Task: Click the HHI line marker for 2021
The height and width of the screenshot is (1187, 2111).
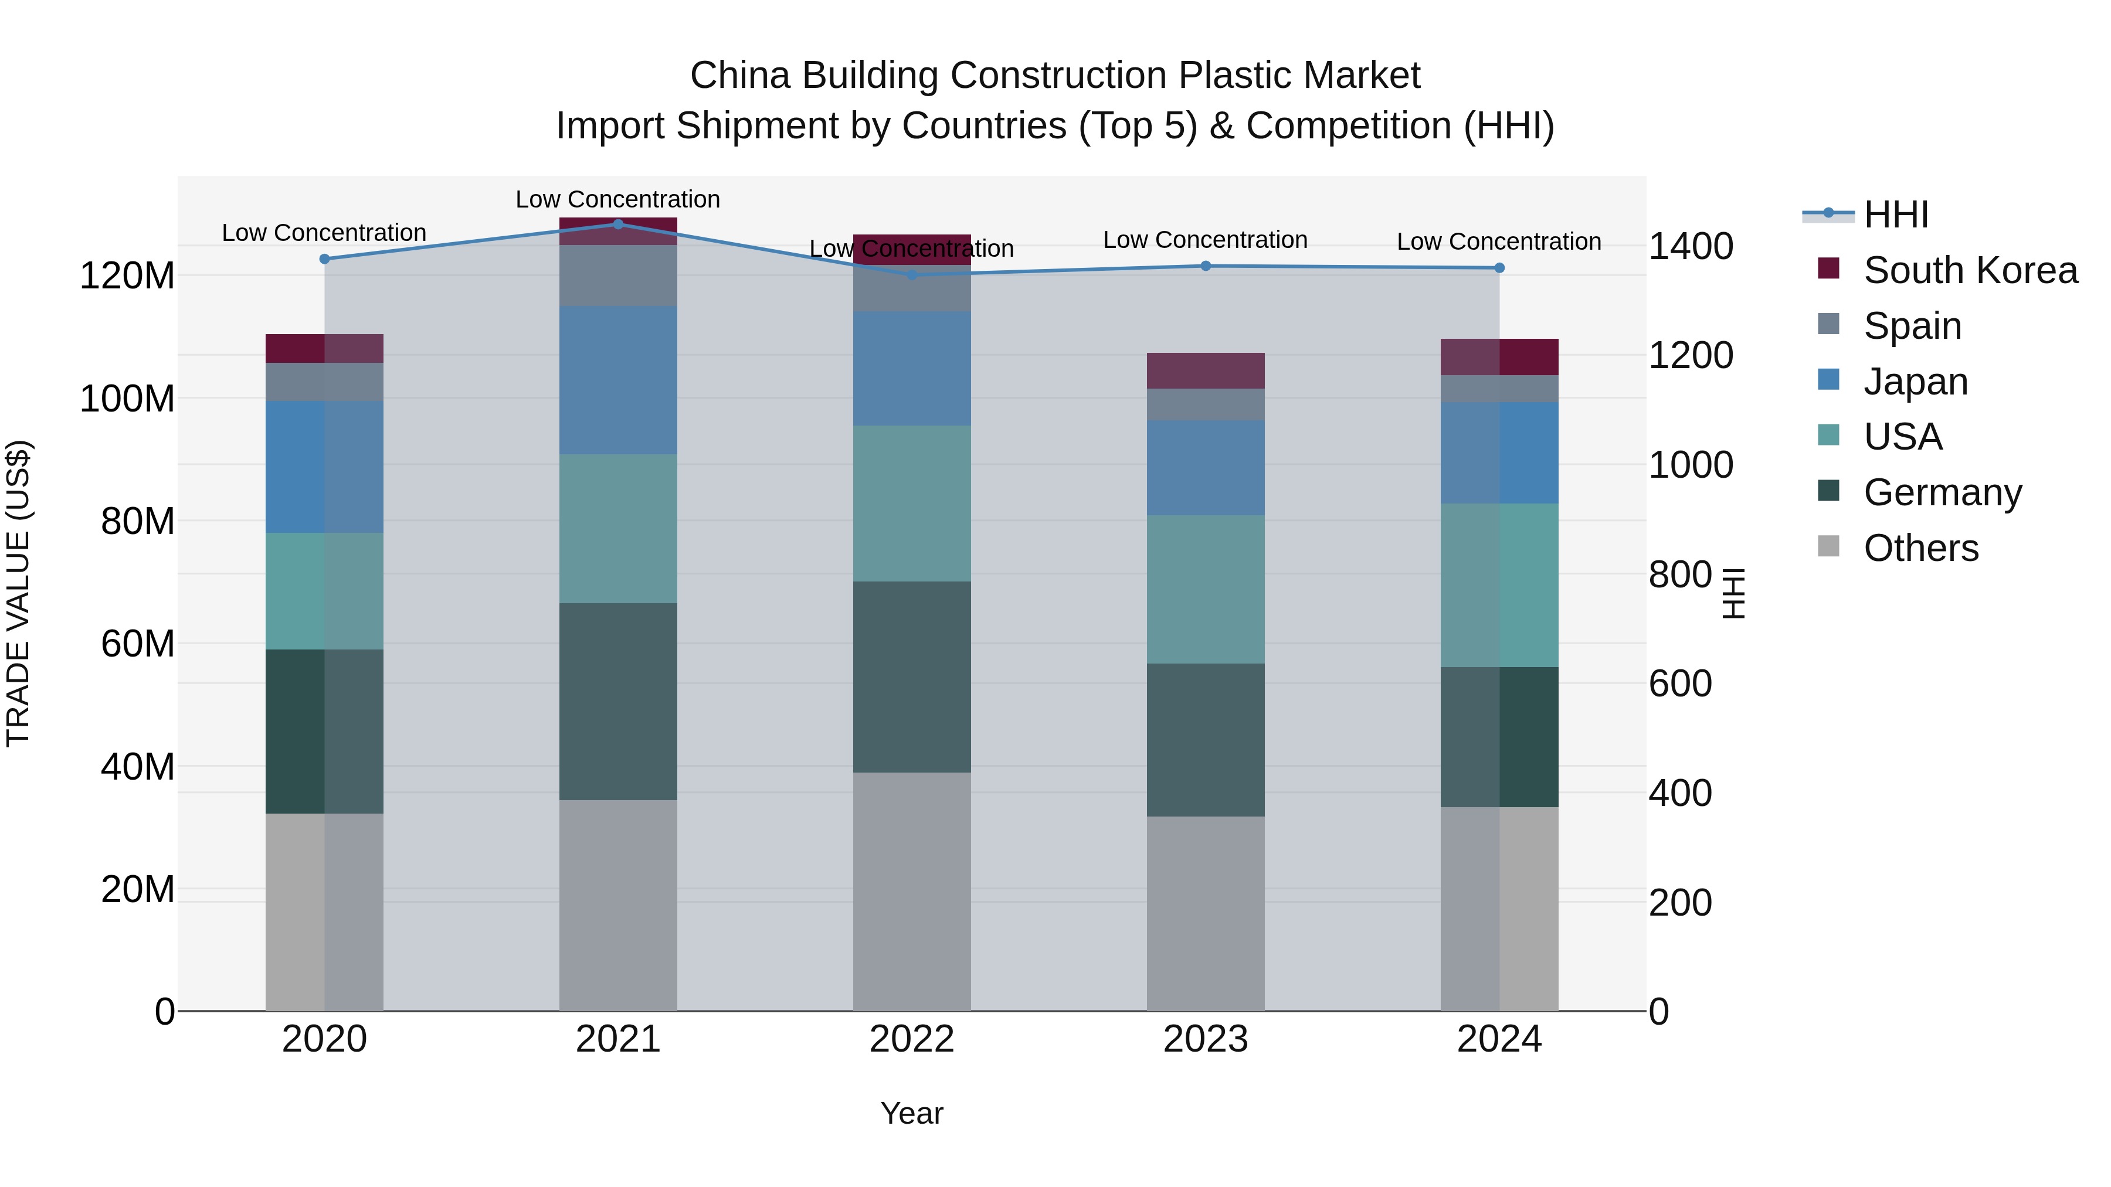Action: (x=618, y=224)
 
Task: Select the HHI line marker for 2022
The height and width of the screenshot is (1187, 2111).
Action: (x=912, y=274)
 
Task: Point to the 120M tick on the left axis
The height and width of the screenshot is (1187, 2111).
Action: (x=127, y=276)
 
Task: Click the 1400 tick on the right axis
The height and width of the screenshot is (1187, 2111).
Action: (x=1691, y=246)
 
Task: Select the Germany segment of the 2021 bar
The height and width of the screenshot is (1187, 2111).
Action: (x=618, y=701)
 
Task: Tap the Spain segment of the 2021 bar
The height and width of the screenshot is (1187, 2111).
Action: (x=618, y=276)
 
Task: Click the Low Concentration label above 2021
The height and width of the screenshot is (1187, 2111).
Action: (x=618, y=199)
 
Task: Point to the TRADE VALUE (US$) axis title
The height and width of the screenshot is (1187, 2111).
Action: (x=18, y=593)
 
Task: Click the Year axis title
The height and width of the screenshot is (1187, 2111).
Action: (x=911, y=1113)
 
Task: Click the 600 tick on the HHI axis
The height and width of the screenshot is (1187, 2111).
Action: (x=1680, y=683)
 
